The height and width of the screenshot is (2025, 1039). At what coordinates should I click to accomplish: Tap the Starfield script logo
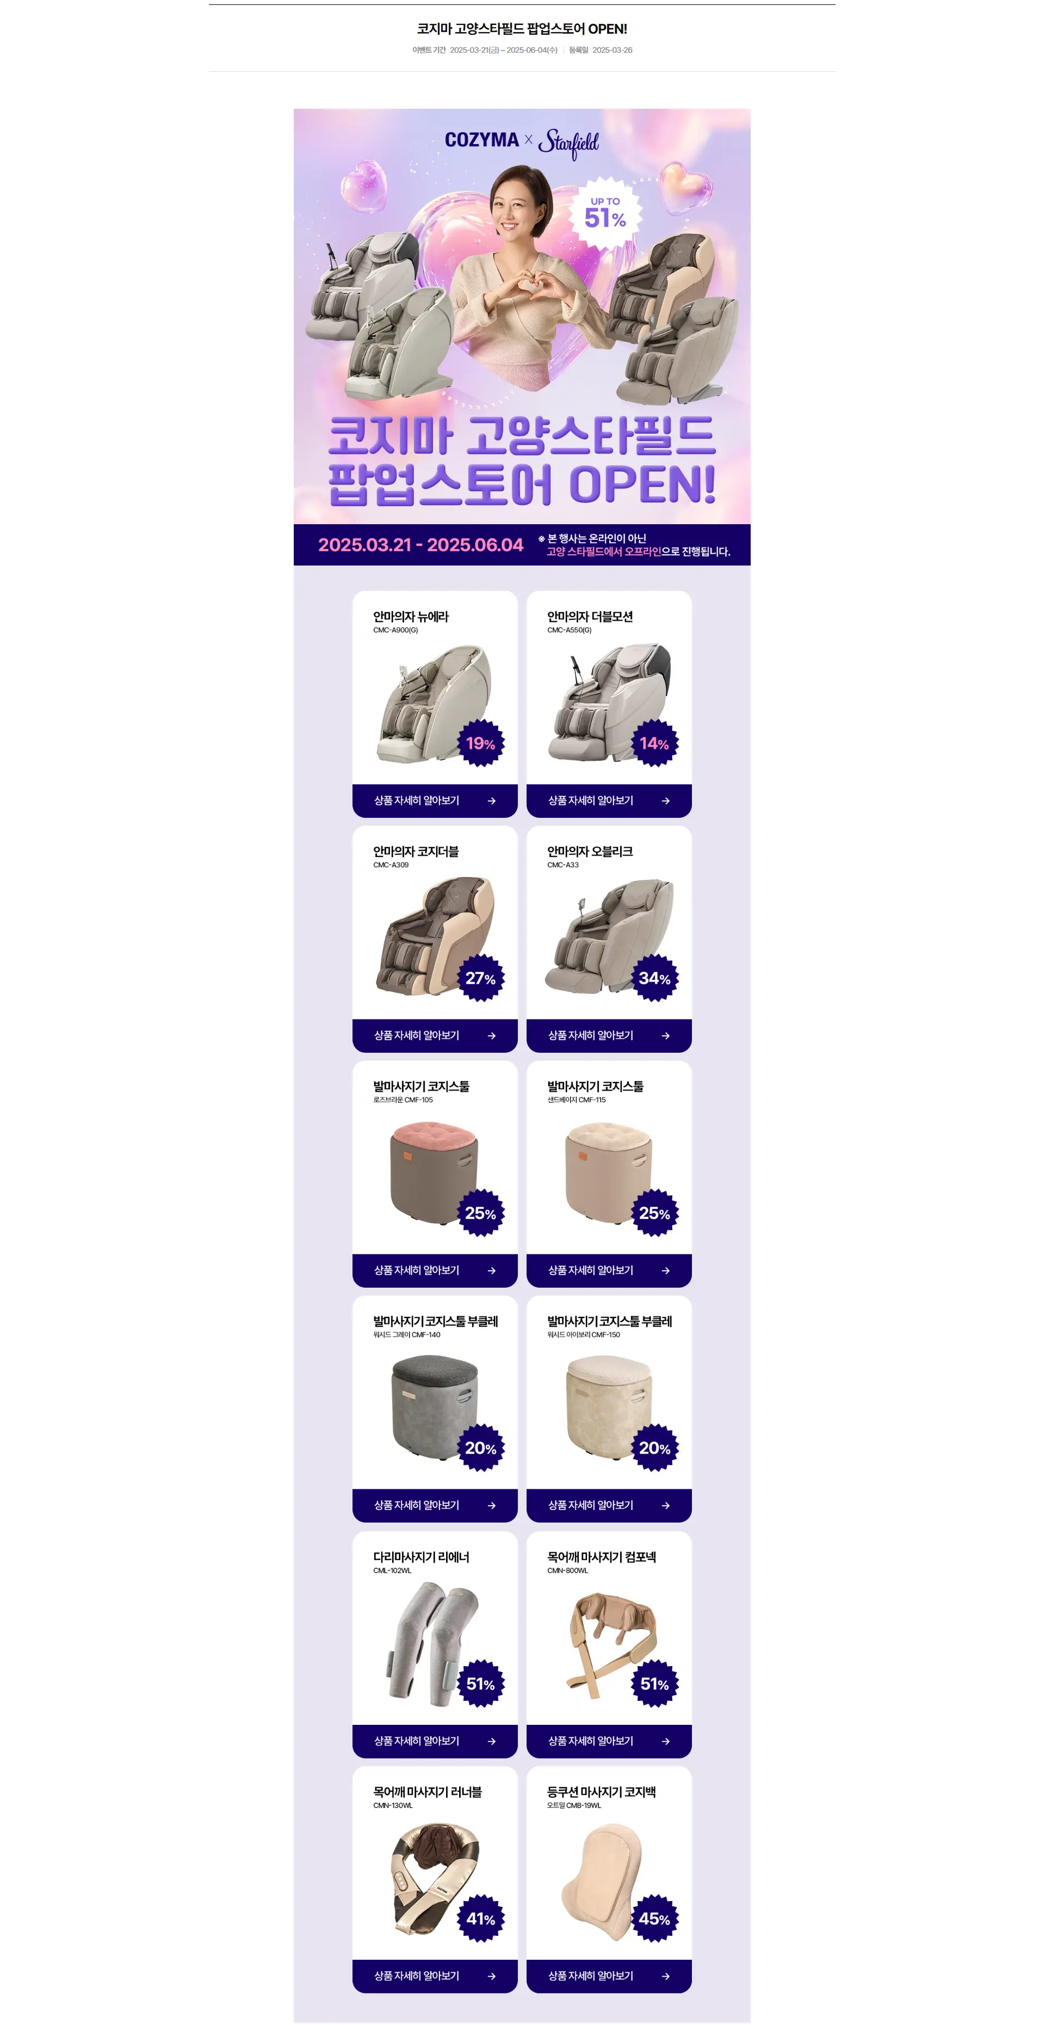click(x=568, y=143)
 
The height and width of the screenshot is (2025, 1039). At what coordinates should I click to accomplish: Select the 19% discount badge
click(x=480, y=743)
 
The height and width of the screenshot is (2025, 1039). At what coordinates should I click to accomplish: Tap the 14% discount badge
click(x=654, y=743)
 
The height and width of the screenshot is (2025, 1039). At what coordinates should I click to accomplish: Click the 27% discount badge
click(x=480, y=978)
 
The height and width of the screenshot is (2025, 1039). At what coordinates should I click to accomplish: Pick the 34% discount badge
click(x=654, y=978)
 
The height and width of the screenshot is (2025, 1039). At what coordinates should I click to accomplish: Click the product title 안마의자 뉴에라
click(x=411, y=616)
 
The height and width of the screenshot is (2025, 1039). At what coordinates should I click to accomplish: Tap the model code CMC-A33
click(x=562, y=865)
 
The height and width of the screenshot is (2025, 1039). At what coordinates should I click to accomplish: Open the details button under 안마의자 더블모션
click(x=609, y=800)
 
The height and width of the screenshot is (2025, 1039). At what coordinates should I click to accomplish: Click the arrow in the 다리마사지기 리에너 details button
click(x=492, y=1741)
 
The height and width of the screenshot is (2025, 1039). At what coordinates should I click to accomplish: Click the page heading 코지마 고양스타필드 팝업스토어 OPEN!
click(x=522, y=29)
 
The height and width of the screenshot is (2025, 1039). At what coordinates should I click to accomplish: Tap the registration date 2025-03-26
click(x=612, y=51)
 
